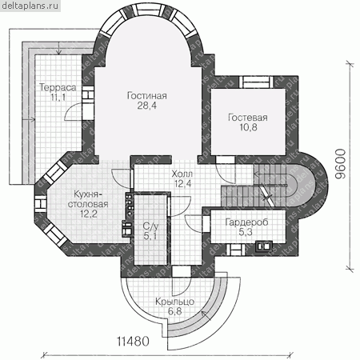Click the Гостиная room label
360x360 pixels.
(x=147, y=96)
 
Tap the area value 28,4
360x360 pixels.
(x=147, y=106)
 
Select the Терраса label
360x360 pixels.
(x=58, y=87)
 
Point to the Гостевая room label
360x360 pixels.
(x=248, y=118)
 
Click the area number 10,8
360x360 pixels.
(x=248, y=127)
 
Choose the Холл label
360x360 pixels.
(x=182, y=174)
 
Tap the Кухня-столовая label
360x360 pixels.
(x=88, y=199)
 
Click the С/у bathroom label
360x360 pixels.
(x=150, y=226)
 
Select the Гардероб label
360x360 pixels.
(x=246, y=222)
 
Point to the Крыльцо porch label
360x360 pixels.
(x=174, y=302)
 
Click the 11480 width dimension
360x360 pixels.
(x=133, y=341)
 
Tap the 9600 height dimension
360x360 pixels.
(x=340, y=164)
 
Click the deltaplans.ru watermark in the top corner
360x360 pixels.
(x=30, y=6)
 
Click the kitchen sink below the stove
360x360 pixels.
(x=127, y=229)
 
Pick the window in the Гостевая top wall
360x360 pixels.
(x=256, y=82)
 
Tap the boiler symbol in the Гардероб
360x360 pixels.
(x=264, y=246)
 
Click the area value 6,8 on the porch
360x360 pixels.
(x=174, y=311)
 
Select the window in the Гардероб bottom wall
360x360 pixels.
(x=236, y=250)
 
